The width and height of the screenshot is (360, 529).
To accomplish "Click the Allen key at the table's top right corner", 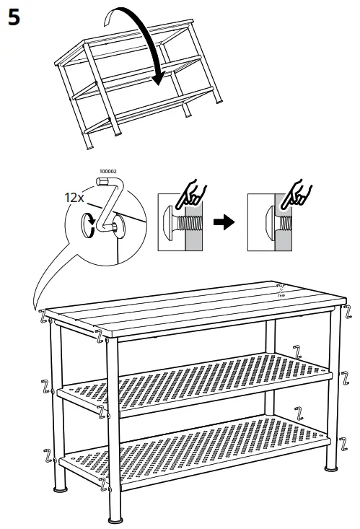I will coord(348,312).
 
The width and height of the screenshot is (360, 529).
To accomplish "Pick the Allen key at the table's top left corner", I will coord(43,315).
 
